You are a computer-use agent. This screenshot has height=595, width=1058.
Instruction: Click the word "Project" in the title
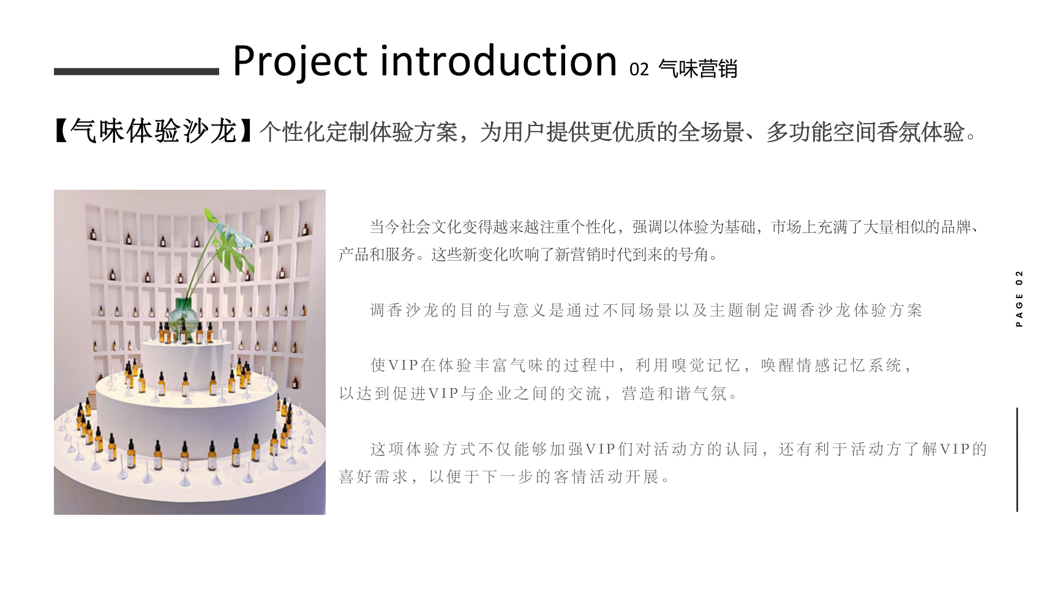click(300, 61)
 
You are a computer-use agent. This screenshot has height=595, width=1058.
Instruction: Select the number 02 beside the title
click(639, 69)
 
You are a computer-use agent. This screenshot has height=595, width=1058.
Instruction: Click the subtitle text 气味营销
click(698, 69)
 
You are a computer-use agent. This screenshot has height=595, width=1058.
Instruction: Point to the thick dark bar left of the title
click(137, 72)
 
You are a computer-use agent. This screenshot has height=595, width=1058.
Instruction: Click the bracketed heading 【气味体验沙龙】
click(154, 132)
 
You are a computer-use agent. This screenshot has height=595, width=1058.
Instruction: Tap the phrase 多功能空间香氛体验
click(865, 132)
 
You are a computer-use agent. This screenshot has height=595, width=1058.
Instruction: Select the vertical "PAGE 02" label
click(1019, 298)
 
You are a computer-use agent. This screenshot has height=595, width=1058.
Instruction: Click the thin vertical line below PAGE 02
click(1017, 460)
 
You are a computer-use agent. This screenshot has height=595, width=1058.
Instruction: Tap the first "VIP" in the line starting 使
click(403, 365)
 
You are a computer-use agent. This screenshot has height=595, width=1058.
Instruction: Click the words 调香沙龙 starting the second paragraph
click(404, 310)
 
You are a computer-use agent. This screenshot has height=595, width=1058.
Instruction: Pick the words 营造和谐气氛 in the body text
click(674, 393)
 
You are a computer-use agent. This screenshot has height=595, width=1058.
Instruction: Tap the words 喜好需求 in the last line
click(373, 476)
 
